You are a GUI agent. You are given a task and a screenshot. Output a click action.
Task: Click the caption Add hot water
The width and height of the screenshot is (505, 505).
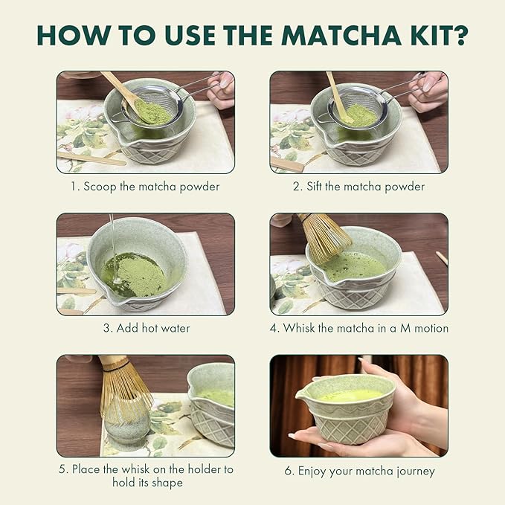click(x=146, y=328)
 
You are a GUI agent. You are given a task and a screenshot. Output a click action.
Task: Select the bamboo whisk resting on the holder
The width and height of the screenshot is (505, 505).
click(x=123, y=387)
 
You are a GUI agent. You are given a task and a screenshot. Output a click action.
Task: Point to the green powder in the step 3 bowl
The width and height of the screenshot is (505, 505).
click(x=134, y=273)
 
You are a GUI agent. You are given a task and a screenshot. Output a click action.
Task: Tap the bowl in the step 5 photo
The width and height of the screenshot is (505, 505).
click(x=211, y=409)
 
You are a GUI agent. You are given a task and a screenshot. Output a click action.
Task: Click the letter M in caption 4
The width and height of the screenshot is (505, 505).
click(x=402, y=328)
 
